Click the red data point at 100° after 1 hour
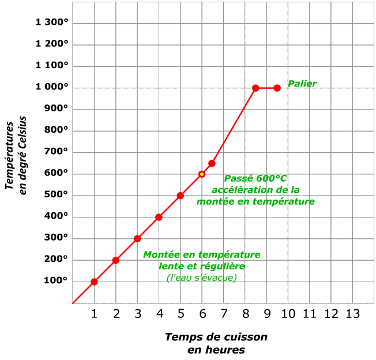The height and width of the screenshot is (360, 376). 94,282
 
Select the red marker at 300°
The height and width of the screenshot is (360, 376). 137,239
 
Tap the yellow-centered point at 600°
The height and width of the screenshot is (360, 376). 202,174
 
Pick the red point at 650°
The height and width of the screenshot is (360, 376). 212,163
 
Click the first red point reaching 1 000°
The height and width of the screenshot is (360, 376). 255,88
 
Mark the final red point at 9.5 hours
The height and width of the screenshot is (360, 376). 277,88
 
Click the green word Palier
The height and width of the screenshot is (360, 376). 302,84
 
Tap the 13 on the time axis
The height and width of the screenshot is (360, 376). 352,313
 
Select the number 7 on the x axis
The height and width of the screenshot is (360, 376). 223,313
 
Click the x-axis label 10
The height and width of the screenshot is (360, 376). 288,313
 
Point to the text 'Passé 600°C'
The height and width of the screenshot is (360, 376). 255,178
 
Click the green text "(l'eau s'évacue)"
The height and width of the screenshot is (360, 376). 201,277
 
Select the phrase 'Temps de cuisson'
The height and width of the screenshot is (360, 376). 216,337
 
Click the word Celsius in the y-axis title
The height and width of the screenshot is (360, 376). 23,122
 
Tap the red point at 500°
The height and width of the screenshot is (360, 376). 181,196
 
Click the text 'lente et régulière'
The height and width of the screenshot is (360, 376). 201,266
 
